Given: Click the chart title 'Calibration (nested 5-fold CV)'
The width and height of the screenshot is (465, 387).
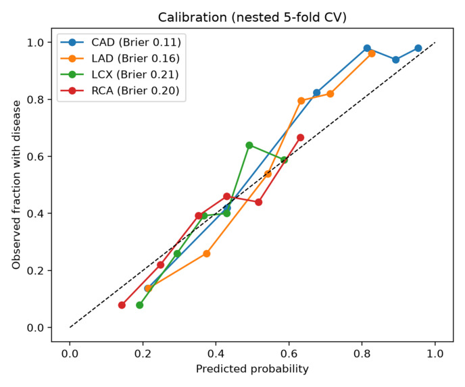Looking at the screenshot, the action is (x=252, y=18).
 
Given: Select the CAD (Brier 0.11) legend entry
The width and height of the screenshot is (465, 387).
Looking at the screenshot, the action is (x=121, y=43).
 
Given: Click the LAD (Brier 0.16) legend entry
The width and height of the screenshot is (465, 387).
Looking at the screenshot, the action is (x=120, y=58).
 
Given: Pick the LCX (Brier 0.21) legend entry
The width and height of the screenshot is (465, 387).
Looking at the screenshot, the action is (x=120, y=74).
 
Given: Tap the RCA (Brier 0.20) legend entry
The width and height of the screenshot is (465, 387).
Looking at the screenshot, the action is (x=120, y=91).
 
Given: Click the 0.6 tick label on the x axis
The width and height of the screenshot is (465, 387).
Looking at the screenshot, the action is (x=289, y=353).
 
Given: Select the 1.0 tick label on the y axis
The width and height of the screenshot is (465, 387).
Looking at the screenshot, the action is (x=35, y=43).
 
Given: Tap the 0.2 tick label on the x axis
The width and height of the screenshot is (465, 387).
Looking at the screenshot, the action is (x=143, y=353).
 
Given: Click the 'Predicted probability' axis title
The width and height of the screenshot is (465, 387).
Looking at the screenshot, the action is (x=252, y=369).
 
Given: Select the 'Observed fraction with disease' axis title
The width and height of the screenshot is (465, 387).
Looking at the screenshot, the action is (x=17, y=185).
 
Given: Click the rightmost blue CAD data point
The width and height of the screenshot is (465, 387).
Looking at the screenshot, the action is (x=418, y=48).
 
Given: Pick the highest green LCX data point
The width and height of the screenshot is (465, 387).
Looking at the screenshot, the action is (x=249, y=145).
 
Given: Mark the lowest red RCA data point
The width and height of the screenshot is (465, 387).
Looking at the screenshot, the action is (x=122, y=305).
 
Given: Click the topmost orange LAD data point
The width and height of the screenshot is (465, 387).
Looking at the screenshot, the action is (x=372, y=53).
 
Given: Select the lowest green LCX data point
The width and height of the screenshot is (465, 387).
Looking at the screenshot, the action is (x=140, y=305).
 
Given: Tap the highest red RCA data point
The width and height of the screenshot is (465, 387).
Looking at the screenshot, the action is (x=300, y=138).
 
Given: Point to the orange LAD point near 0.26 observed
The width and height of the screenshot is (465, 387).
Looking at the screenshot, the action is (x=207, y=254).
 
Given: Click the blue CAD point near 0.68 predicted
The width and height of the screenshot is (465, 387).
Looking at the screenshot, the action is (x=317, y=93).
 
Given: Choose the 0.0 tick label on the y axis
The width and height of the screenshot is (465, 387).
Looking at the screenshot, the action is (x=35, y=328).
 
